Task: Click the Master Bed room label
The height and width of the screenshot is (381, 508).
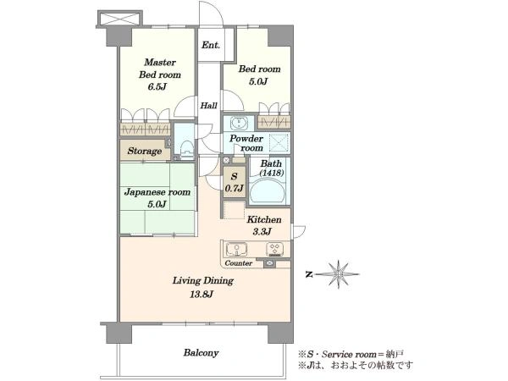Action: (x=160, y=69)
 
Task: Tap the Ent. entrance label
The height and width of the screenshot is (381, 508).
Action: (x=211, y=45)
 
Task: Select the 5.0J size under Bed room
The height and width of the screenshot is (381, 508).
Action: (x=258, y=81)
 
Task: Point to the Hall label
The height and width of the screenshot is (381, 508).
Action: (x=208, y=105)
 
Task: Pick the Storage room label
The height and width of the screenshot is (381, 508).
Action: (x=145, y=151)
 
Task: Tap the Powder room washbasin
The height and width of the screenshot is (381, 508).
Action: (x=239, y=123)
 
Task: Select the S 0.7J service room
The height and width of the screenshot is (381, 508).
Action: (x=235, y=182)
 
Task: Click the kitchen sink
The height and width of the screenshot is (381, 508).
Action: (x=236, y=249)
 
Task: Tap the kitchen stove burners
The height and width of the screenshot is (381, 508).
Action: (x=274, y=249)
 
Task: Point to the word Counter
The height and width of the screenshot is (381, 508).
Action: (x=239, y=263)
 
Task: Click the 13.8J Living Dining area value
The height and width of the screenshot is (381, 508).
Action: (x=202, y=295)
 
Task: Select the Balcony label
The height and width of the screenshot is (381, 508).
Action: (x=201, y=352)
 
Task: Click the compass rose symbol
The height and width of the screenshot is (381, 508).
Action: (x=338, y=274)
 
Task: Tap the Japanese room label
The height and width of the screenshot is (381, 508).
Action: (x=157, y=192)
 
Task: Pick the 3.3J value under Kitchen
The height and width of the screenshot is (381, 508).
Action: (x=262, y=232)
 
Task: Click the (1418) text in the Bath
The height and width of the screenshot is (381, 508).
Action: (x=272, y=173)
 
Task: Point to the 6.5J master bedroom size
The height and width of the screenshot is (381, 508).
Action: (x=157, y=86)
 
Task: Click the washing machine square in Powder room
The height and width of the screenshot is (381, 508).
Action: (x=279, y=142)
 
